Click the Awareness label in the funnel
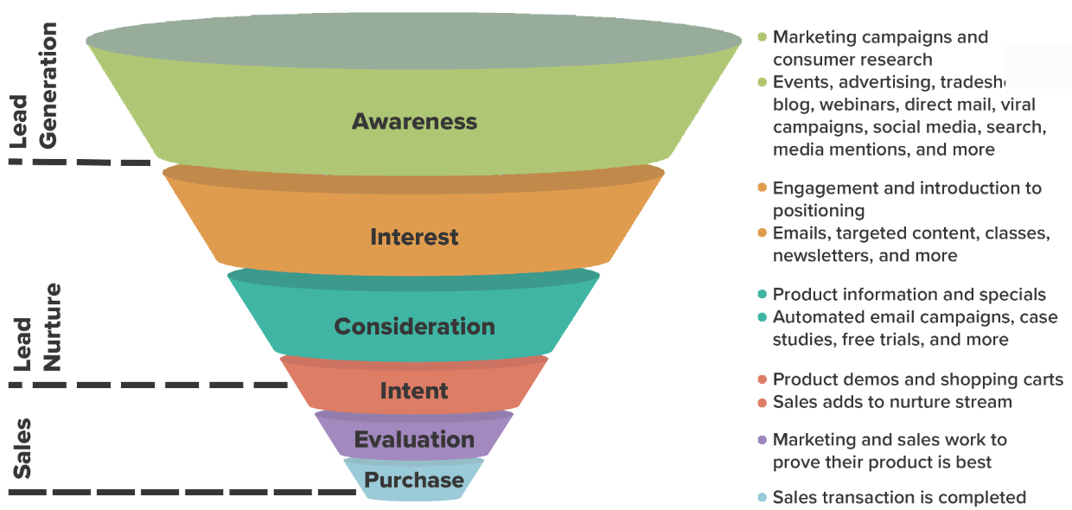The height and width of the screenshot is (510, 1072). [414, 121]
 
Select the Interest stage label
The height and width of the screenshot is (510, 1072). [414, 237]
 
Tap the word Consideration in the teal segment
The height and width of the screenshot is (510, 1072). [414, 327]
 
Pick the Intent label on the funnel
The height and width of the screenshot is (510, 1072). [414, 391]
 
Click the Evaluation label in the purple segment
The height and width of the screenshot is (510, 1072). [414, 439]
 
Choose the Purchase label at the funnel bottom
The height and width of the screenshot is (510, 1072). [414, 481]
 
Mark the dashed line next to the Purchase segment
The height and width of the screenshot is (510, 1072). [182, 493]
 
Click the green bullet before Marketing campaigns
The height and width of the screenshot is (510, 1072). [762, 37]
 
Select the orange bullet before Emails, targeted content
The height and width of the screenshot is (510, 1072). [762, 233]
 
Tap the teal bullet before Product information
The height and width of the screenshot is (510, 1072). [762, 295]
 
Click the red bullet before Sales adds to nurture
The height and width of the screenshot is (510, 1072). [762, 402]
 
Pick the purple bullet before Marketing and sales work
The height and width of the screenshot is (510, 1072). [762, 440]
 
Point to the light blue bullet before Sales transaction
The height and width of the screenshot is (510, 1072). [762, 498]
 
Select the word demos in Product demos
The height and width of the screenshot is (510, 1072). [859, 379]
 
